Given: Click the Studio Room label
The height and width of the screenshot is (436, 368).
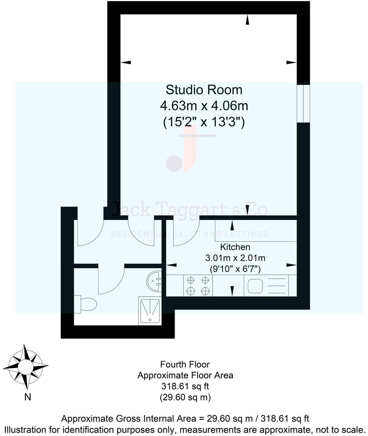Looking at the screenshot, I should click(204, 90).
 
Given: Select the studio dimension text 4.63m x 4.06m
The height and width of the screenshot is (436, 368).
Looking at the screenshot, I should click(204, 106).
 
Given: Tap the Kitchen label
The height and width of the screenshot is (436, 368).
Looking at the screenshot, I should click(235, 247).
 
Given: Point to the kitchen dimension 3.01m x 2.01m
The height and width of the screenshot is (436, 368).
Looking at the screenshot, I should click(235, 258).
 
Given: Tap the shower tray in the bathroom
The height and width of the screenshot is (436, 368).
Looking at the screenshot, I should click(150, 310).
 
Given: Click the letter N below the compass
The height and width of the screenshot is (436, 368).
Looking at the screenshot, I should click(28, 397).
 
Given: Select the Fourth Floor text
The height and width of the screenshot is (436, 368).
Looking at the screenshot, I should click(185, 364).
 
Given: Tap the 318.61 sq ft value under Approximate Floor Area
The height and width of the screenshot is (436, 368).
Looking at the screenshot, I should click(185, 386).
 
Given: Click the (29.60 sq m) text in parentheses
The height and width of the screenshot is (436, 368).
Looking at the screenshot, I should click(185, 397).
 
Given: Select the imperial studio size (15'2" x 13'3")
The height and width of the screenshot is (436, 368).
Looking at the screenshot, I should click(204, 122).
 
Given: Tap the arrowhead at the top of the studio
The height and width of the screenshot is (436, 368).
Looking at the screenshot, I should click(247, 21).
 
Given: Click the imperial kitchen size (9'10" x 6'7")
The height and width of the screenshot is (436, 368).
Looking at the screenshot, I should click(235, 269).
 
